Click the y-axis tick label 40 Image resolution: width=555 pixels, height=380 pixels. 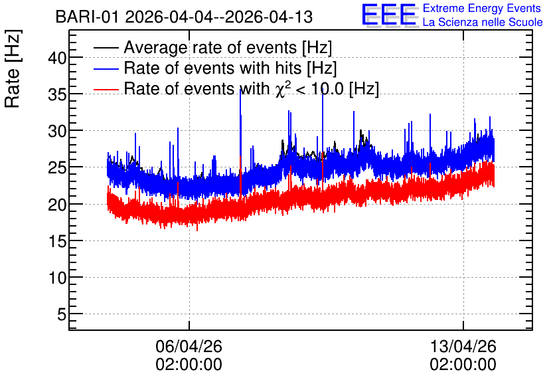click(57, 58)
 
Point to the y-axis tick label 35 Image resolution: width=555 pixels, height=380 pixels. click(57, 94)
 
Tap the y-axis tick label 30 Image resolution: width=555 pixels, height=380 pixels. click(57, 132)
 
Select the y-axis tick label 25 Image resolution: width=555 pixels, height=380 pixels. click(57, 168)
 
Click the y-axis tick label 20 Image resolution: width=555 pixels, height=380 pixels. click(57, 205)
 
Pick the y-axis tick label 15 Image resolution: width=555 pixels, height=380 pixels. click(57, 242)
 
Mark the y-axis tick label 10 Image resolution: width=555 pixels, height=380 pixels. click(57, 278)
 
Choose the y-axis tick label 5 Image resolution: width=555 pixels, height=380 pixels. click(62, 314)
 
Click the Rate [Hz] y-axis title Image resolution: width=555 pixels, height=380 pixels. click(13, 68)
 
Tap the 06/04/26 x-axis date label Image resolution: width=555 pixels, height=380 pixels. click(189, 346)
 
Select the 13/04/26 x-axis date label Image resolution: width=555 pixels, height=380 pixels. click(463, 346)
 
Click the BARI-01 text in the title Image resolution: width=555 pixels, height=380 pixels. click(87, 17)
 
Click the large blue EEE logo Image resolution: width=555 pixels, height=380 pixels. click(389, 15)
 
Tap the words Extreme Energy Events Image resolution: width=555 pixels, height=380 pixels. click(482, 8)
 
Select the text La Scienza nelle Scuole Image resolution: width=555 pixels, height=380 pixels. click(483, 22)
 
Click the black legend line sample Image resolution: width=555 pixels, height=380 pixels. click(106, 48)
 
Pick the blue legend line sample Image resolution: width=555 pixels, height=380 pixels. click(106, 68)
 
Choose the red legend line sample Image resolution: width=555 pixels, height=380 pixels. click(106, 89)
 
